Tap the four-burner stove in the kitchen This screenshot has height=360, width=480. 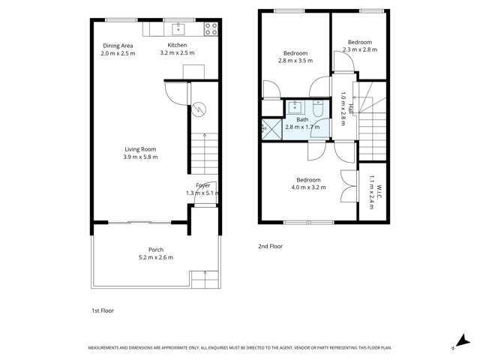click(x=211, y=30)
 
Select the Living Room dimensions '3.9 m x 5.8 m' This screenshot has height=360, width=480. click(x=140, y=157)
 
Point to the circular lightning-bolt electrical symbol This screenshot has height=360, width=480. click(x=199, y=109)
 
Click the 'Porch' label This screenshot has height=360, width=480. click(x=156, y=250)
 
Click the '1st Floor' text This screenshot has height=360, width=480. click(x=101, y=310)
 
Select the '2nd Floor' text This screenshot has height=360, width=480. click(x=269, y=246)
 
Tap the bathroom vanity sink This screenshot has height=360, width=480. click(x=295, y=106)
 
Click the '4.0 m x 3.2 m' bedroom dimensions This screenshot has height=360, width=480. click(x=308, y=187)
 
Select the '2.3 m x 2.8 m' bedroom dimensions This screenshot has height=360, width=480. click(x=359, y=49)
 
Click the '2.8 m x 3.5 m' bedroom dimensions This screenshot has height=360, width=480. click(x=295, y=61)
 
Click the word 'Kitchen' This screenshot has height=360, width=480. click(x=177, y=46)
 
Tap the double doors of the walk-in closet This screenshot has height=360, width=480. click(x=347, y=184)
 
